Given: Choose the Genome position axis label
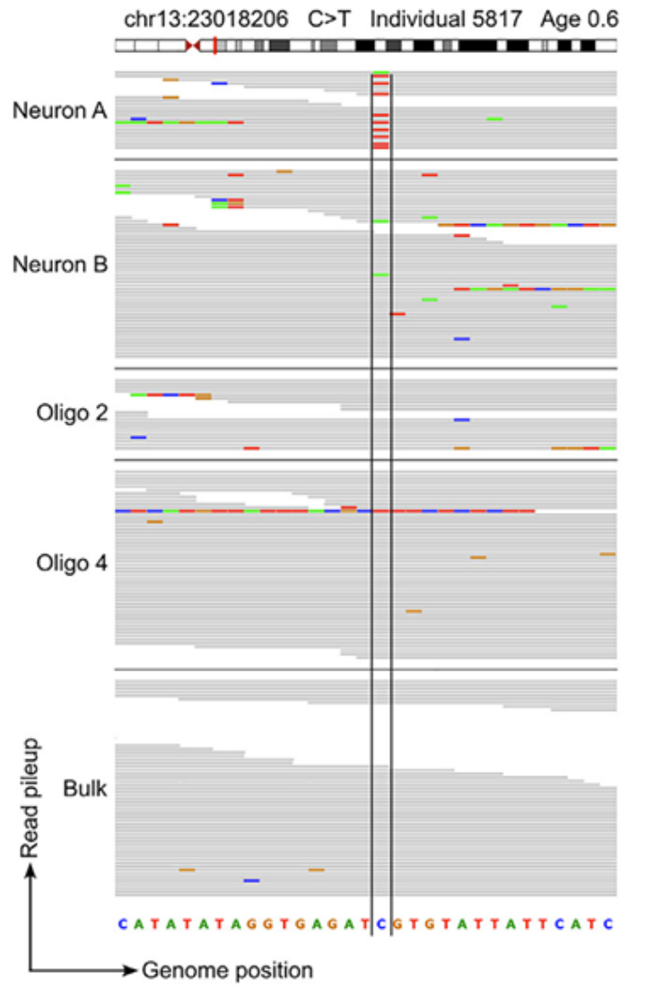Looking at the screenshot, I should tap(228, 969).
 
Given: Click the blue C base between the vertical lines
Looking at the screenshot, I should tap(381, 923).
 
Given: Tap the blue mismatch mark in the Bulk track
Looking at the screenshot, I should tap(251, 880).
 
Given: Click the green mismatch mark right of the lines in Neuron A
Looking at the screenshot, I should tap(494, 118).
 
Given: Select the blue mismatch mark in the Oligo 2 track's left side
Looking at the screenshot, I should tap(138, 437).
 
